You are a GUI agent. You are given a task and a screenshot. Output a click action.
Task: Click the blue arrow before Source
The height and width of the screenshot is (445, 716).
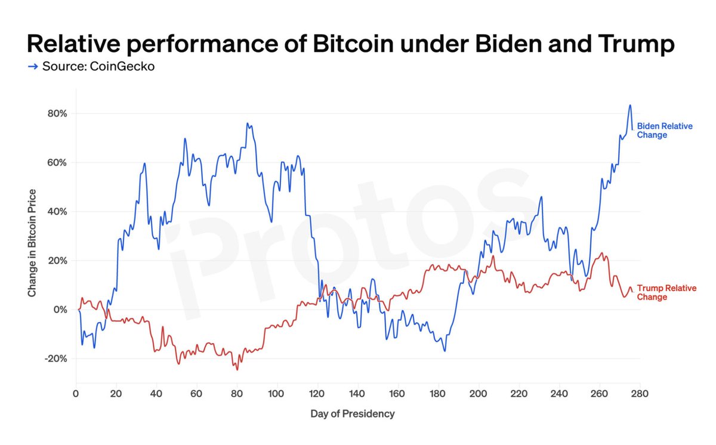tap(33, 66)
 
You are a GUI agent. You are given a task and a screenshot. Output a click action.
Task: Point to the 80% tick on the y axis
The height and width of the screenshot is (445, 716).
tap(58, 113)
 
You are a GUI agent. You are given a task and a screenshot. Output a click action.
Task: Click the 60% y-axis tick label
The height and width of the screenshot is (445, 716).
tap(58, 162)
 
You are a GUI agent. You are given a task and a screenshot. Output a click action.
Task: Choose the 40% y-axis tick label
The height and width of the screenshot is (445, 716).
tap(58, 211)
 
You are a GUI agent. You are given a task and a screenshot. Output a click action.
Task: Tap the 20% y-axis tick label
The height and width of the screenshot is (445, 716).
tap(58, 261)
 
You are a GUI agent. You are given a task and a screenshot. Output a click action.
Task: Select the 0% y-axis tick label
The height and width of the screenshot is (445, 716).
tap(60, 310)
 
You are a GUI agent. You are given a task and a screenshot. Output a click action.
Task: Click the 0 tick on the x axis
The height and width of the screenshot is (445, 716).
tap(76, 394)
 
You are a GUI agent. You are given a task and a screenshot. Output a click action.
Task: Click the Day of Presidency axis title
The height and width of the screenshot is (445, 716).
tap(352, 413)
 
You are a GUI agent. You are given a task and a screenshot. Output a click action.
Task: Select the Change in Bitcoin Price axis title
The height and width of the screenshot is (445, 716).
tap(32, 243)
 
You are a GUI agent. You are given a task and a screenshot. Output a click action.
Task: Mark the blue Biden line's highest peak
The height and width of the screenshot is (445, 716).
tap(629, 106)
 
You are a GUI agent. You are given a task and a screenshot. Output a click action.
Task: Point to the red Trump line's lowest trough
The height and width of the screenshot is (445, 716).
tap(237, 369)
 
